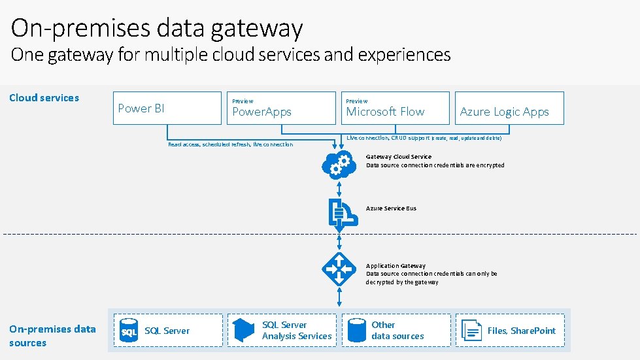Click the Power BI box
[x=167, y=108]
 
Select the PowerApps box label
[x=262, y=112]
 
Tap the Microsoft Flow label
[x=385, y=112]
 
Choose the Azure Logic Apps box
[x=504, y=112]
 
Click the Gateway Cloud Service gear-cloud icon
[x=339, y=164]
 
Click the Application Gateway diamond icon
[x=339, y=269]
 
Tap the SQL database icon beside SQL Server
[x=129, y=331]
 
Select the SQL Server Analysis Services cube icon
[x=243, y=330]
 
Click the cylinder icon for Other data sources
[x=357, y=330]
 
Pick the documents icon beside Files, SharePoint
[x=471, y=330]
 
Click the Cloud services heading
[x=44, y=98]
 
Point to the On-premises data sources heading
[x=52, y=336]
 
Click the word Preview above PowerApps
[x=243, y=101]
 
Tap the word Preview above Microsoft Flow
[x=357, y=101]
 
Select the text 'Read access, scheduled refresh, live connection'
[x=230, y=144]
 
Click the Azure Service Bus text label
[x=391, y=208]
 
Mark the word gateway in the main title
[x=261, y=28]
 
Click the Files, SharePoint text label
[x=521, y=331]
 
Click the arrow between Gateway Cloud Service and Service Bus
[x=339, y=189]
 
